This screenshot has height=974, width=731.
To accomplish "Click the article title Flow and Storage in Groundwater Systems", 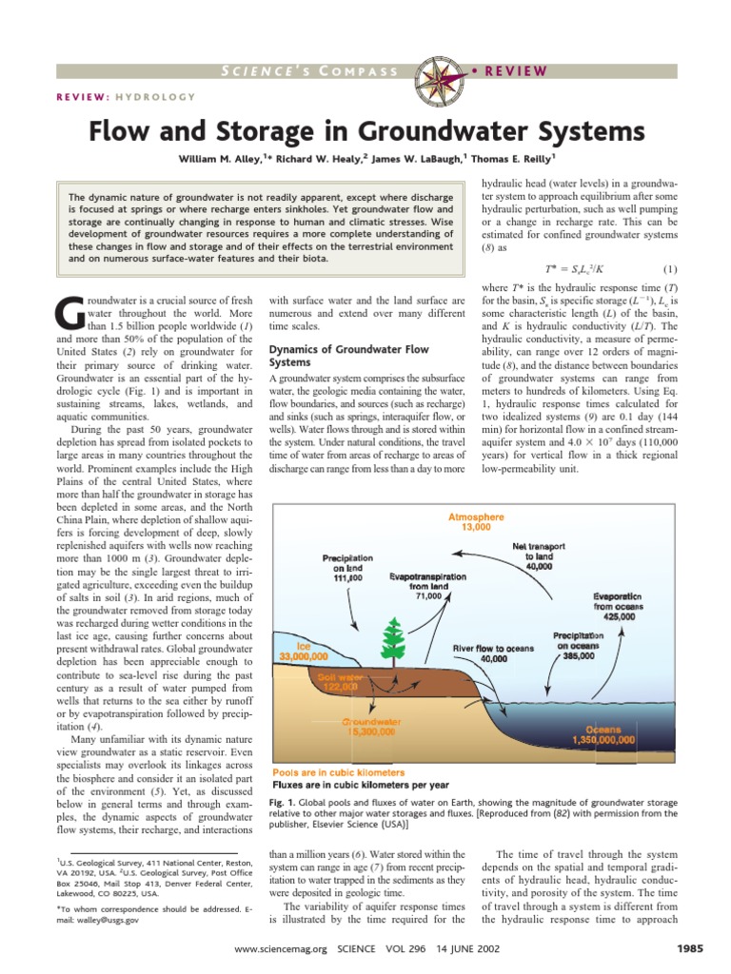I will point(366,129).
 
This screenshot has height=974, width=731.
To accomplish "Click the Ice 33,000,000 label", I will point(304,651).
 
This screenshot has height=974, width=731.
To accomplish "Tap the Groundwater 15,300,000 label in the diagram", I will point(369,727).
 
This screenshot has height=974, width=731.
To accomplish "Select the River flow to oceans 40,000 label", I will point(493,653).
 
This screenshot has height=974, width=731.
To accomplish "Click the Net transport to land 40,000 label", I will point(540,555).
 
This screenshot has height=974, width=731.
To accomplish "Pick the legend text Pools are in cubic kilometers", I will point(339,772).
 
